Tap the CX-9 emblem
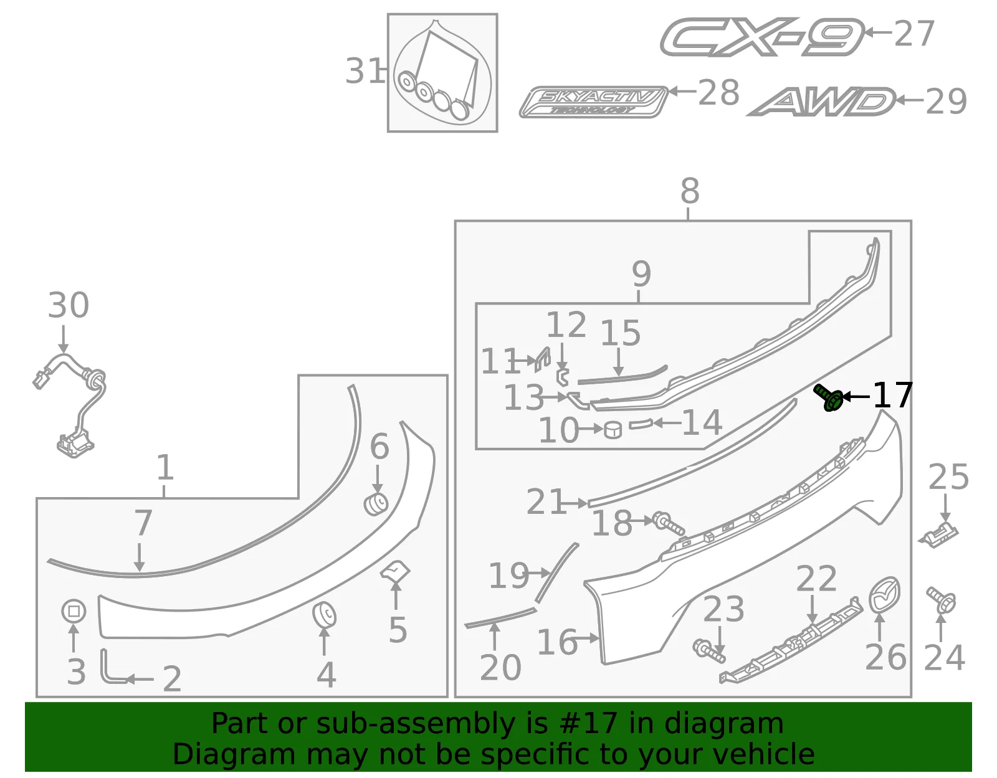point(762,37)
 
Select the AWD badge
point(821,102)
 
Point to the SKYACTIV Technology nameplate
point(594,102)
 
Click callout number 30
point(69,305)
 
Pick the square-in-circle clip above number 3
point(74,611)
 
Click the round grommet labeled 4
point(324,614)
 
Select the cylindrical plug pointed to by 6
point(376,505)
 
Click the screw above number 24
point(941,600)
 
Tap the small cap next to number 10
point(613,430)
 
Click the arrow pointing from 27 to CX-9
point(878,32)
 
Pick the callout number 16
point(556,642)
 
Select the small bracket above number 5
point(395,572)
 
